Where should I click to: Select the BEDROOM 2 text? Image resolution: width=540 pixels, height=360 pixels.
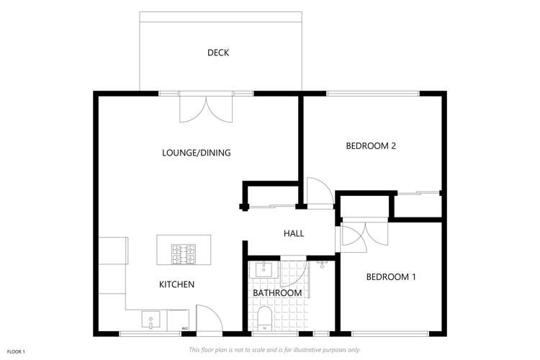pyautogui.click(x=372, y=145)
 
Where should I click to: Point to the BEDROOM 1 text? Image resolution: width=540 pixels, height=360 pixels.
pyautogui.click(x=391, y=277)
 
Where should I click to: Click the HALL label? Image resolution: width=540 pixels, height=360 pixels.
pyautogui.click(x=294, y=233)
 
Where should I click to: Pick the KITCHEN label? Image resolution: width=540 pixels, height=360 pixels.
pyautogui.click(x=176, y=284)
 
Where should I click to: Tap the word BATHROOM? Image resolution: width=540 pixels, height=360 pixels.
pyautogui.click(x=276, y=293)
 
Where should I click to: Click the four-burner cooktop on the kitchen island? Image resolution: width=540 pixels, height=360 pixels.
pyautogui.click(x=184, y=253)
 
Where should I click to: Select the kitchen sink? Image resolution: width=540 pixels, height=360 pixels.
pyautogui.click(x=151, y=319)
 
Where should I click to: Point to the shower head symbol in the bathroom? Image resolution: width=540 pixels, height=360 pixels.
pyautogui.click(x=322, y=264)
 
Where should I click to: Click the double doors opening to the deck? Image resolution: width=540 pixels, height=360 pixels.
pyautogui.click(x=206, y=109)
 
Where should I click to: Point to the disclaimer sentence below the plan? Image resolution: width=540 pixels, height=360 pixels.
pyautogui.click(x=274, y=350)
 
